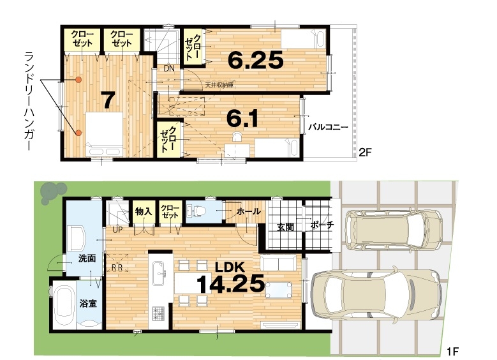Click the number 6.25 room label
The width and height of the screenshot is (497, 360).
pos(255,60)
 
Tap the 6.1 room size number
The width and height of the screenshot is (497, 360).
pos(242,119)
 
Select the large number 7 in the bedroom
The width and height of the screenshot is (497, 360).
pos(107,100)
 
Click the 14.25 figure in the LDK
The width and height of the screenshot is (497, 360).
pos(230,283)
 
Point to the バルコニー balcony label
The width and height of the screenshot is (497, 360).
pos(329,128)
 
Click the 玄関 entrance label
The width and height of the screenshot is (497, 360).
pos(285,227)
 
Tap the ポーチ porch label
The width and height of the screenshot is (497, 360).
pos(322,225)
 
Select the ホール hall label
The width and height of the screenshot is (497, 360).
pos(249,211)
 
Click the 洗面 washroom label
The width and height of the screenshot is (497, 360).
pos(87,258)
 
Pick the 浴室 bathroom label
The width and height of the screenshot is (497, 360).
pos(88,304)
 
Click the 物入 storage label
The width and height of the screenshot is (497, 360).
pos(144,211)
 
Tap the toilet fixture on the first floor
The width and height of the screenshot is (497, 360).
pos(197,210)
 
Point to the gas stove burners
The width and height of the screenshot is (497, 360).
pos(158,313)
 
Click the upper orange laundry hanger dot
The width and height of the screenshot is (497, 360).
pos(78,80)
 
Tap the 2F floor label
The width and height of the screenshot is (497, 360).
pos(364,153)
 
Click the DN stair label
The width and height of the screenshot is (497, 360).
pos(169,68)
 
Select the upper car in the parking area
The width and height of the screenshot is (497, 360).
pos(394,229)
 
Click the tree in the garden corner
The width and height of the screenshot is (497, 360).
pos(52,193)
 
